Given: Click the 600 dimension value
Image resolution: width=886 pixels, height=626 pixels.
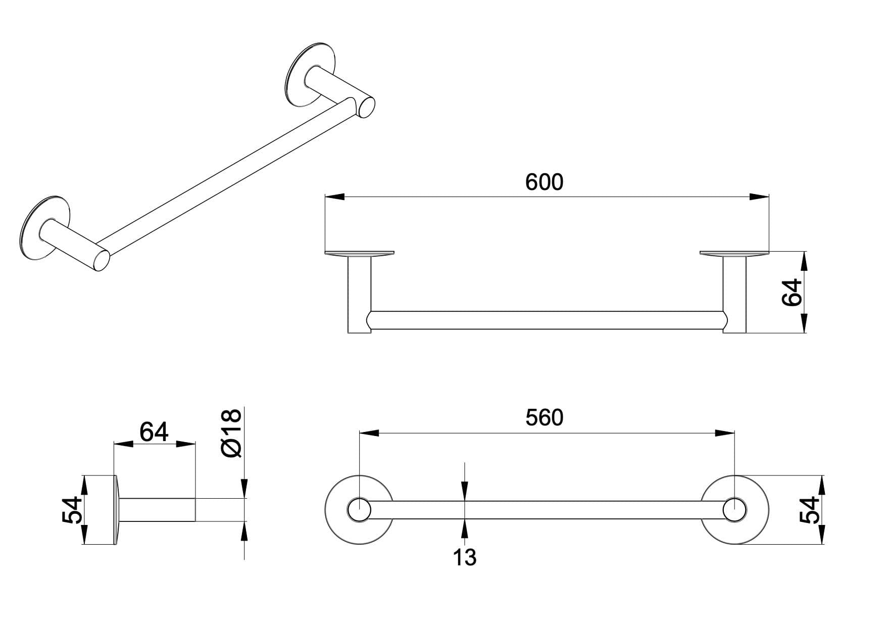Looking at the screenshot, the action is [x=544, y=182].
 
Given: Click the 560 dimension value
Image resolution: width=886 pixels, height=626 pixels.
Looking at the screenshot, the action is [x=544, y=417].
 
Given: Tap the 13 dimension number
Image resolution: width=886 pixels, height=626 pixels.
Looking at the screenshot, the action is [x=464, y=557].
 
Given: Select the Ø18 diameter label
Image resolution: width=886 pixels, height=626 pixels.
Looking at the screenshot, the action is [x=232, y=434].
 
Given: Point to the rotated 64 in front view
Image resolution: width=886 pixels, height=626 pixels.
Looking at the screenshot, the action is [x=792, y=292].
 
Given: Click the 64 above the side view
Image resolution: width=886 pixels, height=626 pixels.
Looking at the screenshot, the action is [x=154, y=432].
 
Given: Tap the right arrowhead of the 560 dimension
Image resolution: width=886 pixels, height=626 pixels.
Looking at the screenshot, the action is [x=724, y=432].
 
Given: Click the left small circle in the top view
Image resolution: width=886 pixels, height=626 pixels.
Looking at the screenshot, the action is [x=359, y=510].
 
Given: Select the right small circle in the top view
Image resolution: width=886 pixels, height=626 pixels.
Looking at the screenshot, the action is [x=734, y=510].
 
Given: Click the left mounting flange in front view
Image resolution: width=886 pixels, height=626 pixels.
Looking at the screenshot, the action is [x=359, y=253].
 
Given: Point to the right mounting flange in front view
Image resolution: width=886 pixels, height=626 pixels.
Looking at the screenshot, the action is [x=734, y=253].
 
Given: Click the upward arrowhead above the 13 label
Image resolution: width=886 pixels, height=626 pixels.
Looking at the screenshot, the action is [x=464, y=491].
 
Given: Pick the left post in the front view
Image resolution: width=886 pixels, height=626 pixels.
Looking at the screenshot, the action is [x=359, y=295].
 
